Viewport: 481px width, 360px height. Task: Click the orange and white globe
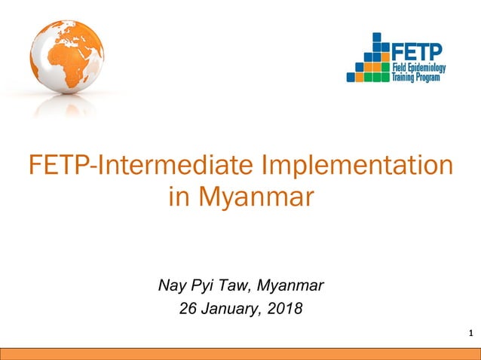[66, 57]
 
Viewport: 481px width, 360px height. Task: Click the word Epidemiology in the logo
[427, 68]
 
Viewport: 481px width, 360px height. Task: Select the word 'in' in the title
[180, 198]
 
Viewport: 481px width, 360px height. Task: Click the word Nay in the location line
[171, 285]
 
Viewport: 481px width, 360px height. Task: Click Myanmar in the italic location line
[290, 285]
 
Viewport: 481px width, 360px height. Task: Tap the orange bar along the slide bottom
[240, 354]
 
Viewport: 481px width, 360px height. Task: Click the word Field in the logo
[401, 68]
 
